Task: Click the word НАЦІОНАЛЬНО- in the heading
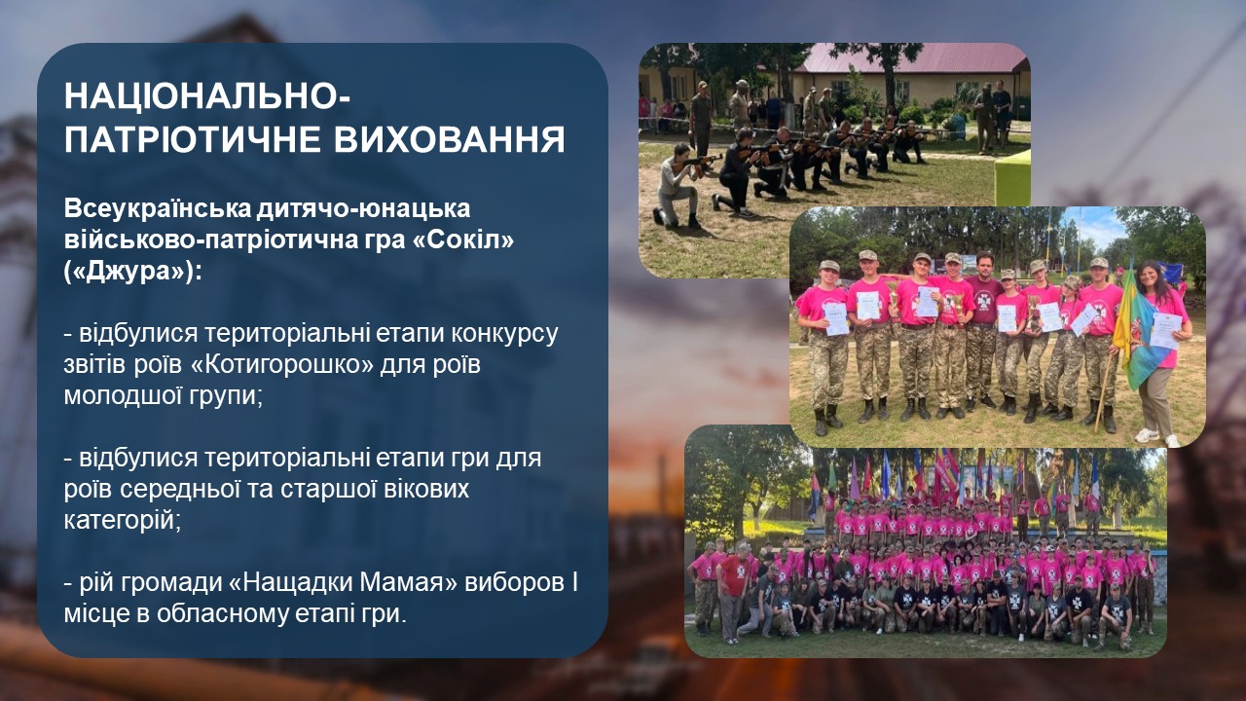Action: tap(207, 96)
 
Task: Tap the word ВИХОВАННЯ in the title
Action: tap(450, 139)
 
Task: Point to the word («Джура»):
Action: tap(133, 273)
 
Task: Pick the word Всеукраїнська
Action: tap(158, 208)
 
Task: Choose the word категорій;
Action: tap(123, 521)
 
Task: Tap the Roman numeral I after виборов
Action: tap(574, 582)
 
